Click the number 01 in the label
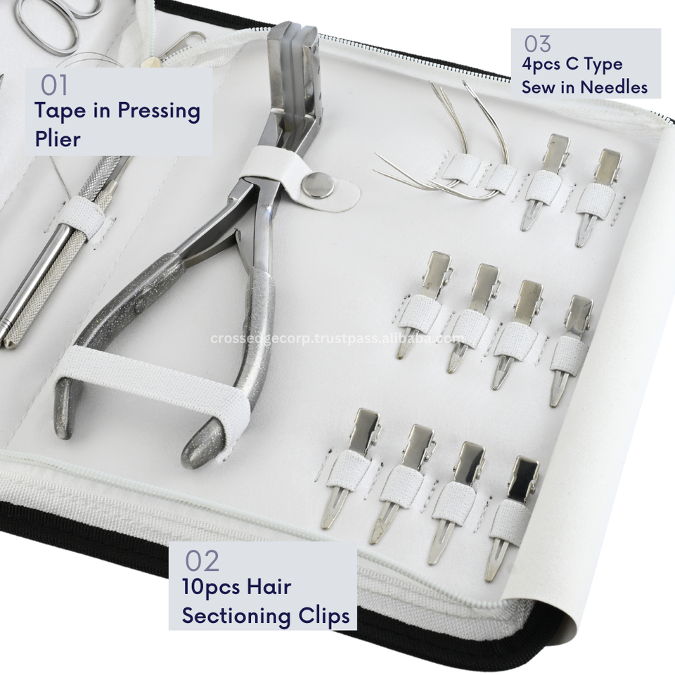(x=54, y=85)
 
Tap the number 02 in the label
(x=202, y=561)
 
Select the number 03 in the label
(x=537, y=44)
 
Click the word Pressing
(x=159, y=112)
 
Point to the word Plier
(x=57, y=139)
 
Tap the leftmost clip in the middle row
(x=423, y=304)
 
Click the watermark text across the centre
(x=337, y=338)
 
